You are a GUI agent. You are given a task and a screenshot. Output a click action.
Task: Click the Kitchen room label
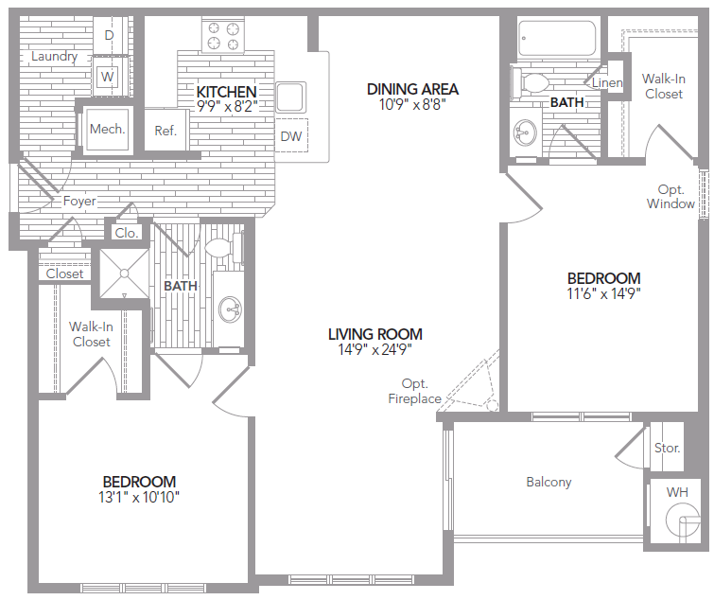coord(226,92)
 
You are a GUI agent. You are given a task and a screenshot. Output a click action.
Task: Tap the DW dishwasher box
coord(291,137)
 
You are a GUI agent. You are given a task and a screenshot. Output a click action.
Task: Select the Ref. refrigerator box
coord(166,131)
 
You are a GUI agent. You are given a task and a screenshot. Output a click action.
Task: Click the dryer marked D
coord(109,35)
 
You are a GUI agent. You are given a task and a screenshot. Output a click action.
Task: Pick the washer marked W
coord(108,76)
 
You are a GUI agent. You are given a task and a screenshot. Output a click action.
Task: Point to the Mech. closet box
coord(107,129)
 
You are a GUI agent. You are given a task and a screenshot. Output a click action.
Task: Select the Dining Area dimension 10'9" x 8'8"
coord(412,106)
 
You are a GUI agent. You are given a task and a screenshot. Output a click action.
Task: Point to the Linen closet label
coord(607,83)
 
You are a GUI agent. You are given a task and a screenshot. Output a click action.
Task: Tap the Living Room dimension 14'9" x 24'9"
coord(374,349)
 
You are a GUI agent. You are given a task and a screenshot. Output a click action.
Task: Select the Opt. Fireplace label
coord(414,392)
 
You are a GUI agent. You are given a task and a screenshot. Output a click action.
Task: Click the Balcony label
coord(549,482)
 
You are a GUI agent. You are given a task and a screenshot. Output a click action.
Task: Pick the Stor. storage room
coord(667,448)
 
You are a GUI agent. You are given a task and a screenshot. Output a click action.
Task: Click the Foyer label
coord(79,202)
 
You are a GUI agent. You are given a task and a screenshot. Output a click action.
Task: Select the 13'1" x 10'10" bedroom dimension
coord(139,497)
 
